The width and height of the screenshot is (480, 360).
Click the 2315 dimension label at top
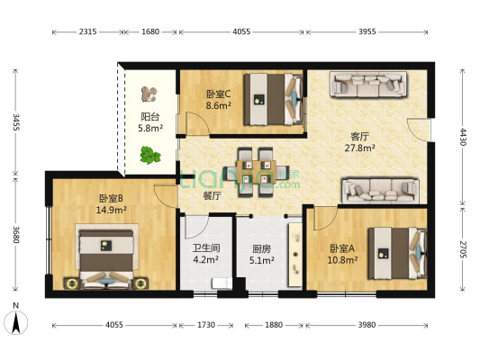pos(88,31)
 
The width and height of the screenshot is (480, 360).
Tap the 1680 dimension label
pos(150,31)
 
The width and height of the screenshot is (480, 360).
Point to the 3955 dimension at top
pos(367,31)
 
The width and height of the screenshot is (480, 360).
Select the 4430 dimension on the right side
pos(463,137)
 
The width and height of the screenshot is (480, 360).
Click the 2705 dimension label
pos(463,249)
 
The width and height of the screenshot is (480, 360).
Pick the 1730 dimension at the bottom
pos(206,325)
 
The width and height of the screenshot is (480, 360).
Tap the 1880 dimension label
pos(274,325)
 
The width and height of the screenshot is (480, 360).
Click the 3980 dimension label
pos(367,325)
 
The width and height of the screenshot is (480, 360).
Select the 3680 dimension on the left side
pos(16,234)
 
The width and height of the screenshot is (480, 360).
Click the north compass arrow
pos(16,322)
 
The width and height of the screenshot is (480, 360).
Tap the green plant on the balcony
pos(150,155)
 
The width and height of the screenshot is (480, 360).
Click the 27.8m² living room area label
pos(360,148)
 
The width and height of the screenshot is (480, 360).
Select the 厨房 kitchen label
pos(261,249)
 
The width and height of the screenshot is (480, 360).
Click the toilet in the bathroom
pos(222,283)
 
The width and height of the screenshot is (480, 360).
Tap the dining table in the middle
pos(257,172)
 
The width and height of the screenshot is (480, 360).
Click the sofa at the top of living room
pos(368,85)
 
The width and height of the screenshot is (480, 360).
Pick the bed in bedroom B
pos(106,256)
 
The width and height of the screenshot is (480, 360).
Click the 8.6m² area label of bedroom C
pos(218,106)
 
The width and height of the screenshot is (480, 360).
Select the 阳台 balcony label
pos(150,116)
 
